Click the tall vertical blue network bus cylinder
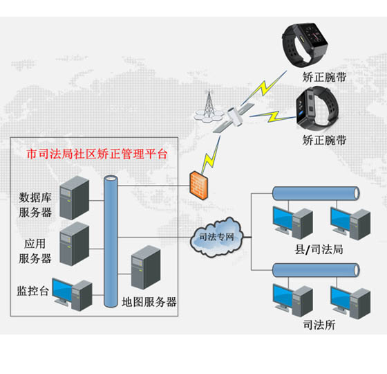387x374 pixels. tap(110, 242)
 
